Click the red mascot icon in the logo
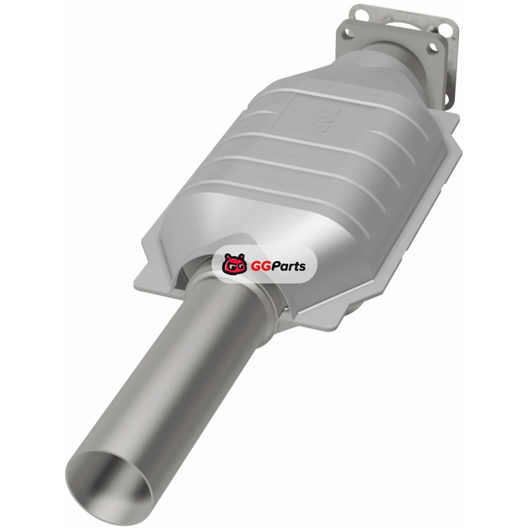point(233,263)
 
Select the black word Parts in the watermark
point(288,266)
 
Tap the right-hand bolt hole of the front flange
point(432,49)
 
